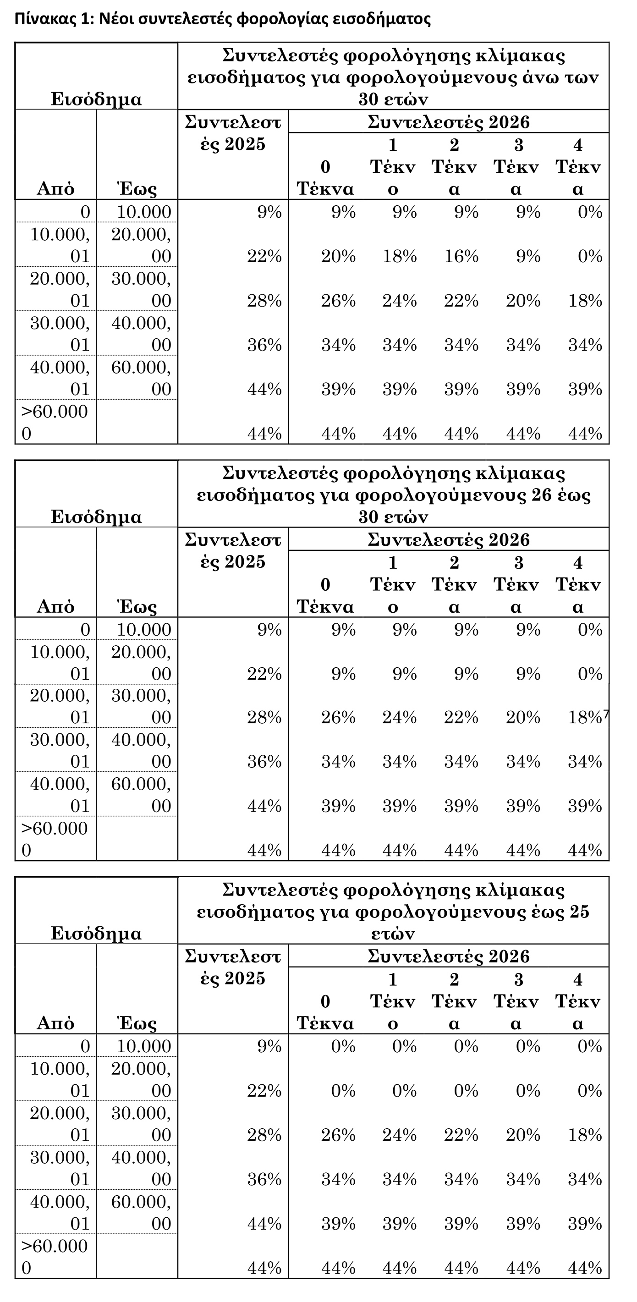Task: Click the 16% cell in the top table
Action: (x=461, y=256)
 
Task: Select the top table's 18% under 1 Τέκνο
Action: (x=400, y=256)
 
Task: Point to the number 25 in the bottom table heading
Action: (x=579, y=912)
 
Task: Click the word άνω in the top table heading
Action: (x=536, y=77)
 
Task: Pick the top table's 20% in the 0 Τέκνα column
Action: (x=338, y=256)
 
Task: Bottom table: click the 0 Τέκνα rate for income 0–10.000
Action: (x=343, y=1046)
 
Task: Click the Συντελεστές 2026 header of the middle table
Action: (x=449, y=540)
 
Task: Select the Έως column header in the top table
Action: (x=137, y=189)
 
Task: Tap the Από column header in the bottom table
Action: (x=55, y=1023)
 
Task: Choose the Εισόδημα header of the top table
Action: (x=96, y=99)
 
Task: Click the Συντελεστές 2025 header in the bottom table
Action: (x=232, y=967)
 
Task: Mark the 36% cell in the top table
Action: (x=264, y=345)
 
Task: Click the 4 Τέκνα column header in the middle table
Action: (x=578, y=585)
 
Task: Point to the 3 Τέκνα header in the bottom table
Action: (x=516, y=1001)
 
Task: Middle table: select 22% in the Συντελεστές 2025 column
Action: (x=264, y=674)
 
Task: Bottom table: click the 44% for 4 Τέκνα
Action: (x=585, y=1268)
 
